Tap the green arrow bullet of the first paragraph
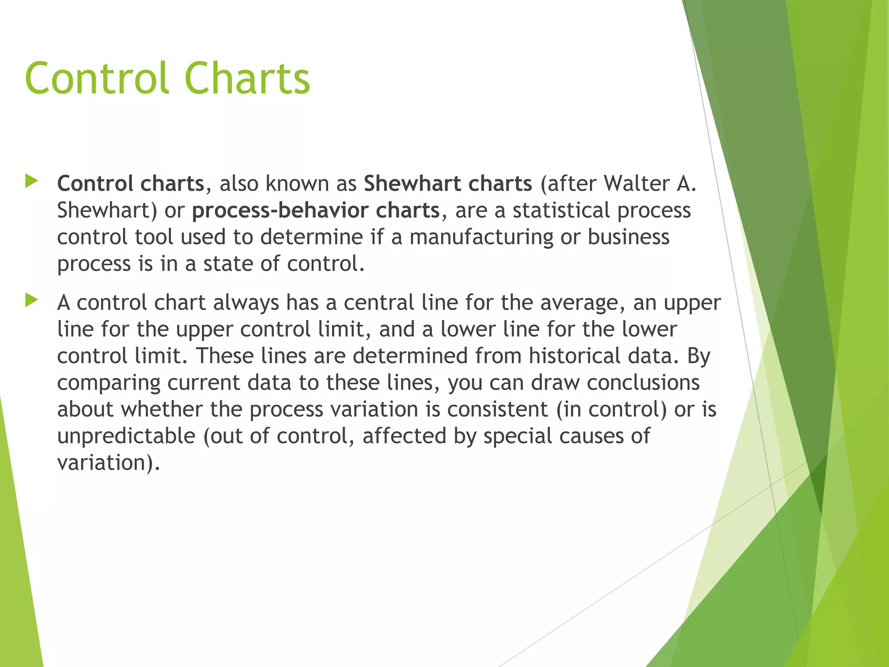(x=32, y=181)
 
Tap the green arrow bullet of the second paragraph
(x=32, y=300)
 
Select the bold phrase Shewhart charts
(x=448, y=183)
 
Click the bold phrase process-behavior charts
(x=316, y=210)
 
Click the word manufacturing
(x=481, y=237)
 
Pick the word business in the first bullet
(x=628, y=237)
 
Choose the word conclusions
(x=643, y=383)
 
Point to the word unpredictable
(x=126, y=436)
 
